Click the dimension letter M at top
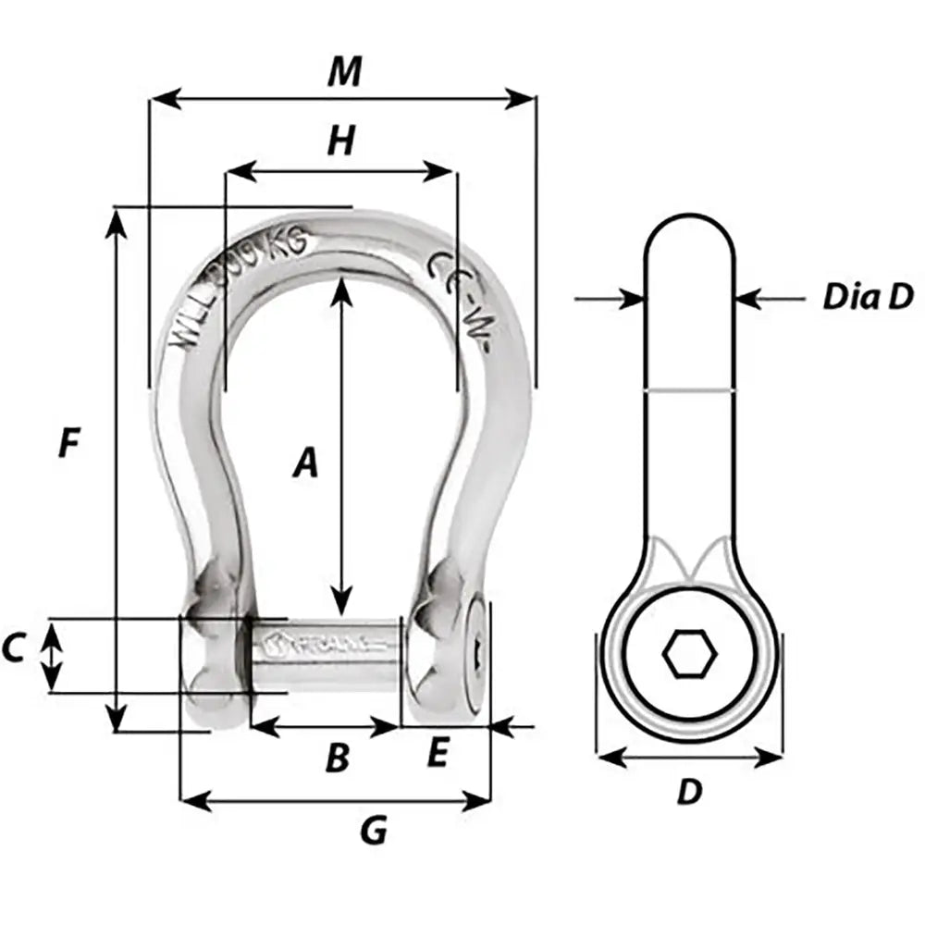[344, 72]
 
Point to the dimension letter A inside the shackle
[305, 462]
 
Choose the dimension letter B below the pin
[338, 758]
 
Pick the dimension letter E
[438, 756]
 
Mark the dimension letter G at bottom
[372, 831]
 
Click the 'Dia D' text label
[868, 297]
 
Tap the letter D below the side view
[689, 792]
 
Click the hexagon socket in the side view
[689, 656]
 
